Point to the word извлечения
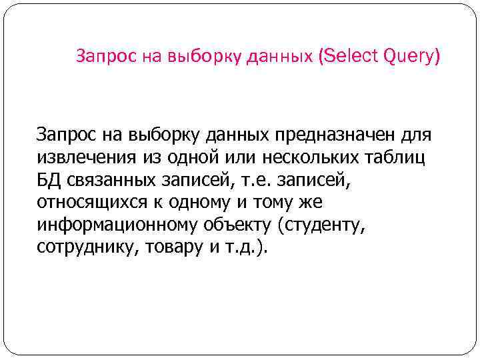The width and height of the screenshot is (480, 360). pos(85,157)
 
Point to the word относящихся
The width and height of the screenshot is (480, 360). pos(89,202)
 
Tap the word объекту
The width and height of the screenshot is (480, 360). pos(239,225)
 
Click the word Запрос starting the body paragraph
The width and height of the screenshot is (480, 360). pos(67,135)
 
